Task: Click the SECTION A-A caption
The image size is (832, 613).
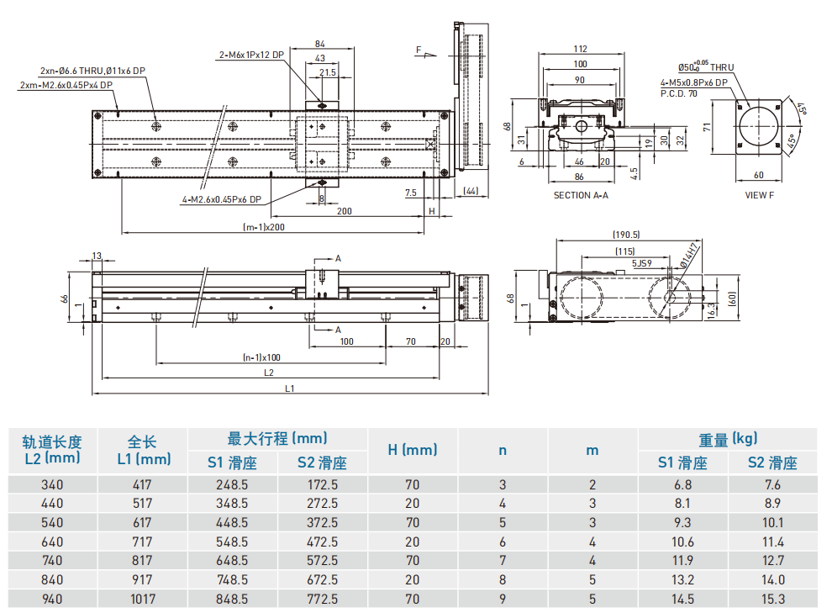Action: (x=580, y=195)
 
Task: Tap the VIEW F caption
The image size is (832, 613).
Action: (x=760, y=195)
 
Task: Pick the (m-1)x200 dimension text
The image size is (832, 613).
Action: (x=263, y=227)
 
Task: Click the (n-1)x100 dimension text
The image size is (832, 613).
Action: (x=261, y=357)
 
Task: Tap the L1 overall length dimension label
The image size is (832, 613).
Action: (x=289, y=388)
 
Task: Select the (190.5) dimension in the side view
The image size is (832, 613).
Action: (x=626, y=235)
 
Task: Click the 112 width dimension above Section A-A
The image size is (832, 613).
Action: (x=580, y=49)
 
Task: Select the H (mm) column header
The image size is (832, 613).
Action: (x=412, y=450)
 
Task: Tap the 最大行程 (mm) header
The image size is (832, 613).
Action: (x=277, y=438)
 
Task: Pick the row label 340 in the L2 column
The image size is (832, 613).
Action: (x=52, y=484)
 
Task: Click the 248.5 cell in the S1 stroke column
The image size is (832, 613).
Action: (x=231, y=484)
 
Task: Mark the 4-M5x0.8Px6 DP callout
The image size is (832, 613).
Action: (x=693, y=82)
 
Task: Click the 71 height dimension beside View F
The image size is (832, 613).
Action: (x=708, y=128)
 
